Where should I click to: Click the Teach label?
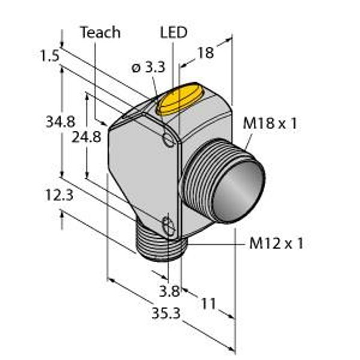tap(100, 32)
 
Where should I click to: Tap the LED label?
tap(173, 32)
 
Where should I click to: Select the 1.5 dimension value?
tap(50, 56)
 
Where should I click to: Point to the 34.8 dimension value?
tap(61, 122)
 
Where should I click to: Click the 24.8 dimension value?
tap(86, 137)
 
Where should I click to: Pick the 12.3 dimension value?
tap(59, 195)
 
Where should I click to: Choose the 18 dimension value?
tap(205, 53)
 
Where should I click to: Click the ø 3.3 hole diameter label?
tap(149, 67)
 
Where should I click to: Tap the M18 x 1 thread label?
tap(270, 123)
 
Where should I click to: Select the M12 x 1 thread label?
tap(276, 244)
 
